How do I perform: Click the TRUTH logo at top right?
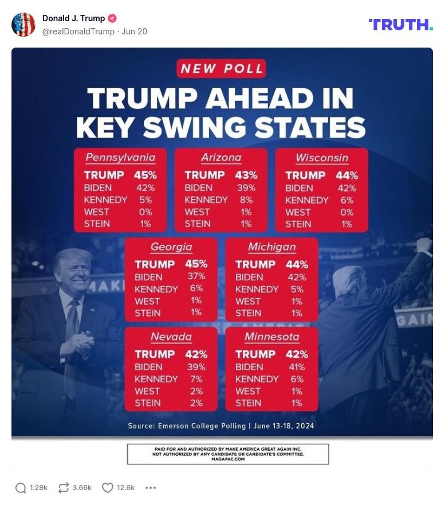400,24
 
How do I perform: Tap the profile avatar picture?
23,25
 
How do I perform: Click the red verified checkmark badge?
112,18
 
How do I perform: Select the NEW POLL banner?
222,69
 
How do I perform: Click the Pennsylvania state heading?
120,157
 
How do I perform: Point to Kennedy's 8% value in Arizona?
246,199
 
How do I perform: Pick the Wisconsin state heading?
322,157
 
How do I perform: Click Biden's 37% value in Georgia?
196,276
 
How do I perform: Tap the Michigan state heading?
272,247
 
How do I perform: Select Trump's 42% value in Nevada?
196,354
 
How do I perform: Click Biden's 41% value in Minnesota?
297,367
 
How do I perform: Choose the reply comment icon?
21,488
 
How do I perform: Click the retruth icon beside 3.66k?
64,488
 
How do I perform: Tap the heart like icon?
107,488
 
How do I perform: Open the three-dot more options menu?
151,488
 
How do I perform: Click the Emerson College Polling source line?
221,426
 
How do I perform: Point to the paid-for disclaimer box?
227,453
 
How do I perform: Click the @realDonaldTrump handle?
78,32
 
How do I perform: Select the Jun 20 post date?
134,32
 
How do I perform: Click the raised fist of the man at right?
424,245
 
